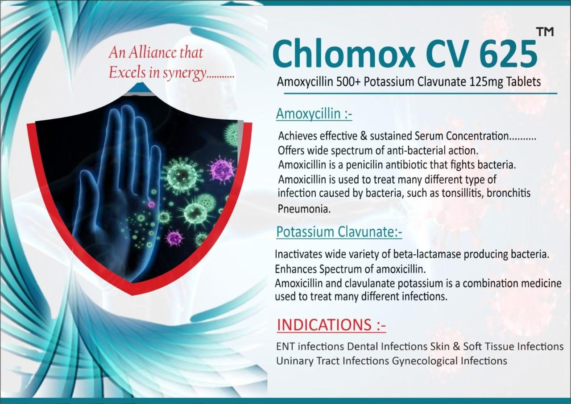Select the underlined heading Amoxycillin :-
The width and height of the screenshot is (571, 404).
tap(314, 114)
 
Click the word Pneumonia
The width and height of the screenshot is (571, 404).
tap(304, 209)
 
